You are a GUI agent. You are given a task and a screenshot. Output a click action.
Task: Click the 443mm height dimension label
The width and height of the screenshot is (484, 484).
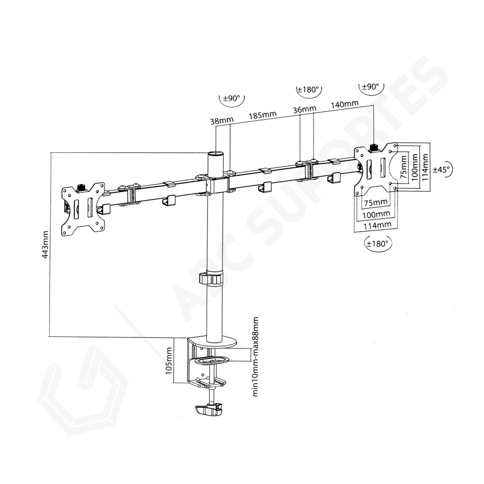pyautogui.click(x=45, y=244)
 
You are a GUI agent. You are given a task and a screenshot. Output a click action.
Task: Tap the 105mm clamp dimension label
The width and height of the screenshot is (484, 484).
pyautogui.click(x=169, y=361)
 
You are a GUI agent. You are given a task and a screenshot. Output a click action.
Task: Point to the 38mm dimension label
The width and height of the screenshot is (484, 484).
pyautogui.click(x=222, y=121)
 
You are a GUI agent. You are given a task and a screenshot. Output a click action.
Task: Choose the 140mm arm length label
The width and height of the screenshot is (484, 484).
pyautogui.click(x=345, y=104)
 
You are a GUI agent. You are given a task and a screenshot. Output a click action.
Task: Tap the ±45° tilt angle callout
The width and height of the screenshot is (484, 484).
pyautogui.click(x=441, y=169)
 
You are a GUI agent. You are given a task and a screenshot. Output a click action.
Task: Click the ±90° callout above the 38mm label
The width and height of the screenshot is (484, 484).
pyautogui.click(x=232, y=99)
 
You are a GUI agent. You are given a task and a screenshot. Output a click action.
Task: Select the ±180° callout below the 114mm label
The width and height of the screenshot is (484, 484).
pyautogui.click(x=378, y=243)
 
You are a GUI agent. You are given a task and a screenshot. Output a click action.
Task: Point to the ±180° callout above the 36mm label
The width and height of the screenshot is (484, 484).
pyautogui.click(x=309, y=90)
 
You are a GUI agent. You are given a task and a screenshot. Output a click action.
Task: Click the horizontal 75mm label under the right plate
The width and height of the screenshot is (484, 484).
pyautogui.click(x=375, y=202)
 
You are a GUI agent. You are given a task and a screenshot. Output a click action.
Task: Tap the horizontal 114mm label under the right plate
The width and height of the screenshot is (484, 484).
pyautogui.click(x=377, y=225)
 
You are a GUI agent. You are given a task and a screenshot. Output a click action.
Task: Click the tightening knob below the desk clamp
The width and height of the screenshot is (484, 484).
pyautogui.click(x=208, y=410)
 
